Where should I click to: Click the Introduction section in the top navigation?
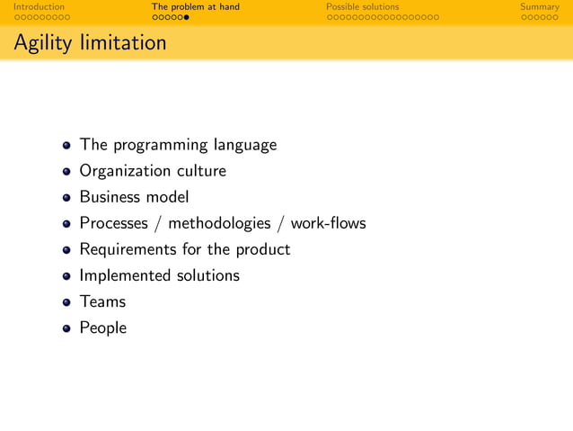(39, 7)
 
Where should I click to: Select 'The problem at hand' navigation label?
(195, 7)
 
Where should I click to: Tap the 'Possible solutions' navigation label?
(362, 7)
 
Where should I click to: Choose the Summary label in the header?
(539, 7)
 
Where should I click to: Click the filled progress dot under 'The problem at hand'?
(187, 17)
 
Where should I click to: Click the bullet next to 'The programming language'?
(66, 145)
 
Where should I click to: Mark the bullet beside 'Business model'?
(66, 198)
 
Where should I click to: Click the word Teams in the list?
(102, 301)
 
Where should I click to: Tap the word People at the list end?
(102, 328)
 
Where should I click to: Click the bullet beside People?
(66, 328)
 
